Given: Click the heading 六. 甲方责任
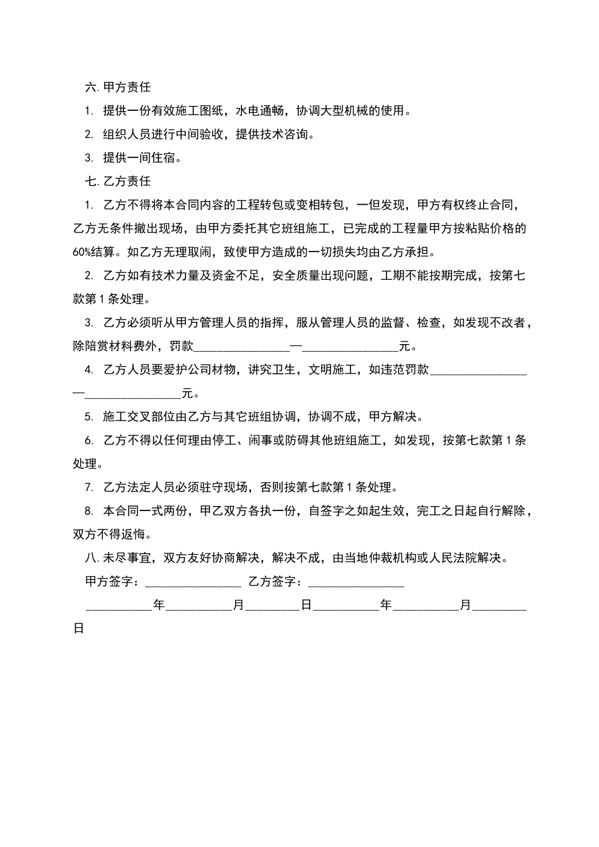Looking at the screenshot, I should (x=118, y=88).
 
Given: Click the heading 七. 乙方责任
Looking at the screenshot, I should (x=118, y=181).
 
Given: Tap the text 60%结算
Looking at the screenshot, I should (x=94, y=252).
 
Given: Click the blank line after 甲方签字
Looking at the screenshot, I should (x=193, y=582).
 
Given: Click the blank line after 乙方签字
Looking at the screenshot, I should (x=356, y=582).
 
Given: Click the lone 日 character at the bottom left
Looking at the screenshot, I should (x=79, y=629).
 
